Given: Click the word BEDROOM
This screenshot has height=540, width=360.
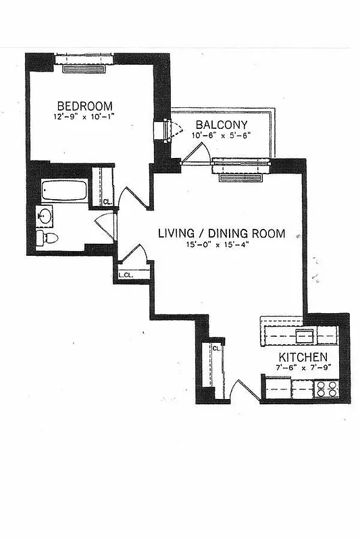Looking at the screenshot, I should pos(84,106).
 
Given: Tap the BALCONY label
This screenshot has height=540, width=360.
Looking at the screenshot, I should pos(222,125).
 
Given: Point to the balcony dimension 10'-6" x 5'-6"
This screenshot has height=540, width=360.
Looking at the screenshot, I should pos(222,136).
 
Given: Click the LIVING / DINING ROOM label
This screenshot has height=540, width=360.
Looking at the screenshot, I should pos(221,234).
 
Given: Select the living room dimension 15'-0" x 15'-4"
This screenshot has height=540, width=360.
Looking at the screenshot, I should pos(221,244).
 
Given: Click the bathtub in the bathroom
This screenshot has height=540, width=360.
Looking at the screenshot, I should pos(64,190).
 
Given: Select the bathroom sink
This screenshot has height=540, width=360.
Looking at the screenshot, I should pos(45,217).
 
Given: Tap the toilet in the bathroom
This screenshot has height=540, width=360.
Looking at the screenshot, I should pos(47,238).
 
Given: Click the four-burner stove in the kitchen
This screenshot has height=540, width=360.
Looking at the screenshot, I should pos(326,388).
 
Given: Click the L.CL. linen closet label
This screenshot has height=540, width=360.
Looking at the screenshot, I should pos(125,275).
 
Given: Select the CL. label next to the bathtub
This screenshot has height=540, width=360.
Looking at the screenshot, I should pos(107,201).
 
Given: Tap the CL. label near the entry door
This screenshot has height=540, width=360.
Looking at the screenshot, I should pos(217,348).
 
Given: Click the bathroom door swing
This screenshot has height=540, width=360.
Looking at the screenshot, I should pos(106,227).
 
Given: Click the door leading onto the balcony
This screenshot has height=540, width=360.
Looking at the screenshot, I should pos(195,154).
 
